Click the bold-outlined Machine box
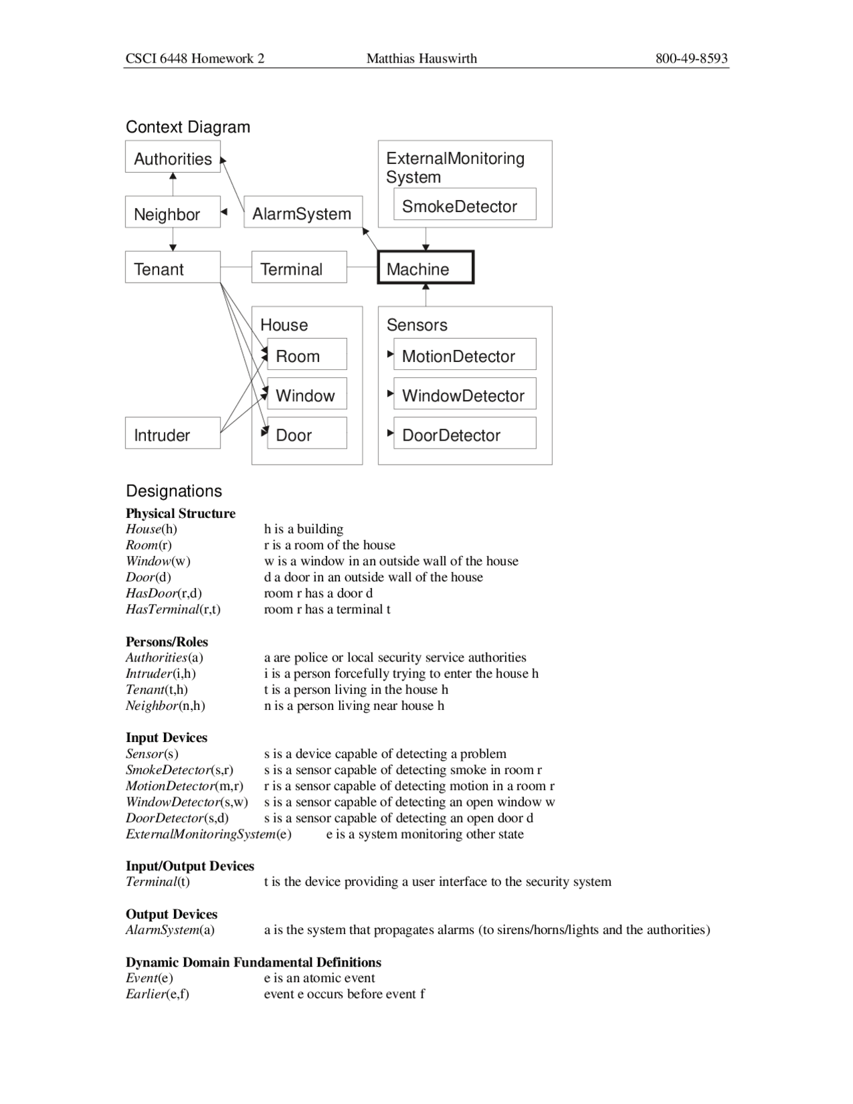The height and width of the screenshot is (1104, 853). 425,267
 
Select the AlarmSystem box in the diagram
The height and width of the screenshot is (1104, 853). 303,212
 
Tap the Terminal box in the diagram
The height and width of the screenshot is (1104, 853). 299,267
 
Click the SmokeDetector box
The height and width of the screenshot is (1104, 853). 464,204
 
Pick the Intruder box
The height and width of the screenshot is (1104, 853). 173,433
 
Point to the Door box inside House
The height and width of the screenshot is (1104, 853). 307,433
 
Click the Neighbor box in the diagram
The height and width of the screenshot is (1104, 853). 173,212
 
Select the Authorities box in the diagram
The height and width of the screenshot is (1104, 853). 173,157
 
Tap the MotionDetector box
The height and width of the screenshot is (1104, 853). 464,354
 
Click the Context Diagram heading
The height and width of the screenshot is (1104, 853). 188,127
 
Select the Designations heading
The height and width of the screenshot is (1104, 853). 174,491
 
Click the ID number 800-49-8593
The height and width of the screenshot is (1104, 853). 691,59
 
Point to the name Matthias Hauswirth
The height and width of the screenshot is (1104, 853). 422,59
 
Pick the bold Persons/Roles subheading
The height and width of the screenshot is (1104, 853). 167,641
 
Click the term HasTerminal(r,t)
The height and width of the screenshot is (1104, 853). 173,609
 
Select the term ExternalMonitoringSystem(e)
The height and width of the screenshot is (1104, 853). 209,834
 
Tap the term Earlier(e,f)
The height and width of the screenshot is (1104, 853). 157,994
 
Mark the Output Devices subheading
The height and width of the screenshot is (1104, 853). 171,914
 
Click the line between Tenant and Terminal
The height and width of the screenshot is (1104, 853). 236,267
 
